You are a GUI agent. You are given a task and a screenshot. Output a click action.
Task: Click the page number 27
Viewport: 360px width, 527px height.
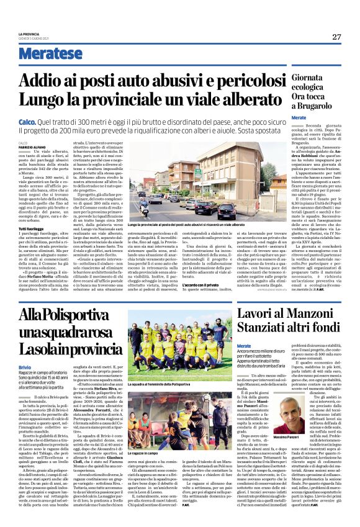pyautogui.click(x=336, y=37)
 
